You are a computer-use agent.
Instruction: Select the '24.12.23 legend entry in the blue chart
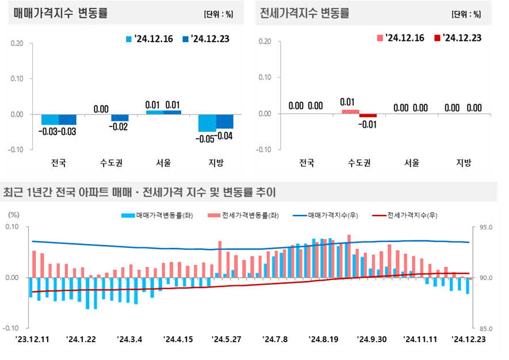tap(205, 39)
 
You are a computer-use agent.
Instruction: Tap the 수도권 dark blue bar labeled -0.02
tap(120, 117)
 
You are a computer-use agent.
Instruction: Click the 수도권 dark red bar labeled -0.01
tap(368, 116)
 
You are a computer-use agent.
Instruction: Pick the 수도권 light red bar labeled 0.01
tap(350, 112)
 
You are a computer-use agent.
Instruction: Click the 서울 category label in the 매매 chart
tap(163, 163)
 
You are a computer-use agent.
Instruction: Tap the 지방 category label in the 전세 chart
tap(464, 163)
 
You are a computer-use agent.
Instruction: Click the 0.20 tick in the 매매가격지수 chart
tap(17, 43)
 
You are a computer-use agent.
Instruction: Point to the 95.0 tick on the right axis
tap(485, 228)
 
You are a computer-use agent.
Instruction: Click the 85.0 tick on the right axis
tap(485, 329)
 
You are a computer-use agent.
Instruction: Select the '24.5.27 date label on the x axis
tap(227, 339)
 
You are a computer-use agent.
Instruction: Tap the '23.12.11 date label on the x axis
tap(32, 339)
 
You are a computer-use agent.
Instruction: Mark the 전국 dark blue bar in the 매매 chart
tap(67, 119)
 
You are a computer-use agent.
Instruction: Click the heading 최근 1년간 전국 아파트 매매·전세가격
tap(140, 192)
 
